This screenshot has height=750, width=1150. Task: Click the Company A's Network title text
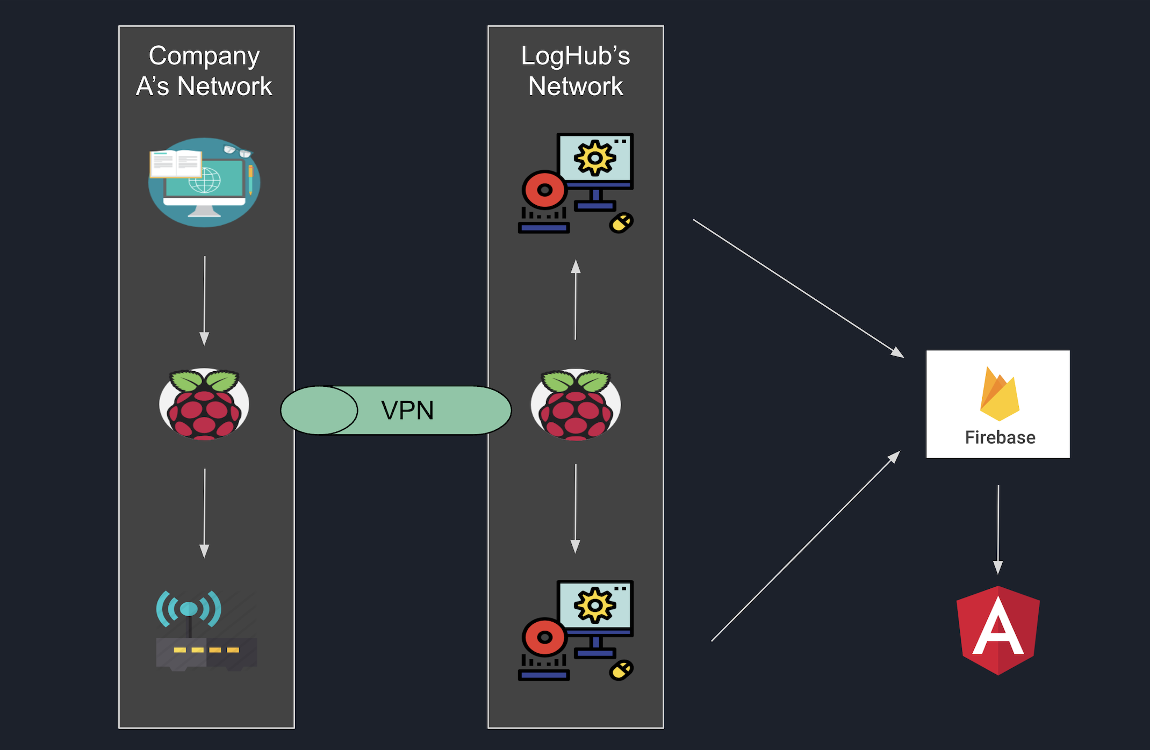[204, 71]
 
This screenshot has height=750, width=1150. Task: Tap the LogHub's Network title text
[576, 71]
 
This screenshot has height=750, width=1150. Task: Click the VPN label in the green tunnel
[407, 410]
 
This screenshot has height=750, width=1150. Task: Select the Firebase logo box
[998, 404]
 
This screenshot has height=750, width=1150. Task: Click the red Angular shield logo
[998, 630]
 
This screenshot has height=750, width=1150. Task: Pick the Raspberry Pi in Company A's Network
[204, 404]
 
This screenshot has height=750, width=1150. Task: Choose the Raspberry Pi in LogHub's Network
[576, 404]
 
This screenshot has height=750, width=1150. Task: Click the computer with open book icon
[204, 182]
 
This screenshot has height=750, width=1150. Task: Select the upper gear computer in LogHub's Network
[576, 183]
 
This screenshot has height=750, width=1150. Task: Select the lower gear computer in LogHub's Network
[576, 630]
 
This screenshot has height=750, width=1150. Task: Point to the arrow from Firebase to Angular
[998, 529]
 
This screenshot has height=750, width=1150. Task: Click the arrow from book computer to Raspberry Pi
[204, 301]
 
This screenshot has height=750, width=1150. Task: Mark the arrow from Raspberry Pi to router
[204, 513]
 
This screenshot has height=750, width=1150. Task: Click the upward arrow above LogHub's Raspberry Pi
[576, 300]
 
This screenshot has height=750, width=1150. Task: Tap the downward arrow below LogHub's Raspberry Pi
[576, 508]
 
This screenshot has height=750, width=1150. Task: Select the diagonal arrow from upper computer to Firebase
[798, 288]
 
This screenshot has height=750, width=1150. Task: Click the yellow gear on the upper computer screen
[594, 158]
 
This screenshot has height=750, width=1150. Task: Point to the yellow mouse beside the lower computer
[621, 670]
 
